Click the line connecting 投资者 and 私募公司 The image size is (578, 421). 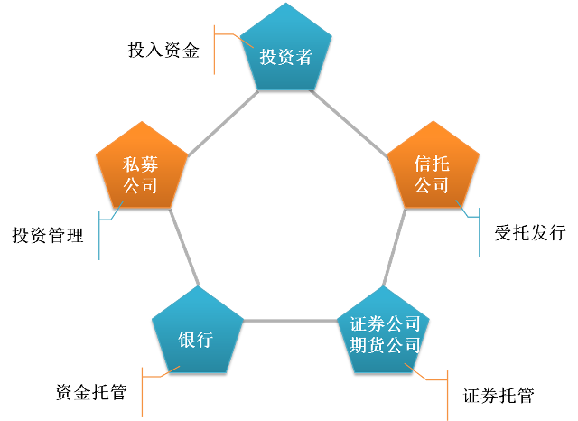click(221, 123)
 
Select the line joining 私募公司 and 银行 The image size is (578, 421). click(184, 248)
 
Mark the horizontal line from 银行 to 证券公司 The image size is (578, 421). click(291, 321)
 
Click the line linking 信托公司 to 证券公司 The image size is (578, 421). click(394, 248)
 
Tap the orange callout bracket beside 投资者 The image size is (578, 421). click(215, 50)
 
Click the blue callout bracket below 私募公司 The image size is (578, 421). click(99, 235)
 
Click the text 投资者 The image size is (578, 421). click(286, 57)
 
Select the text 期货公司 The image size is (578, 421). click(385, 344)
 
